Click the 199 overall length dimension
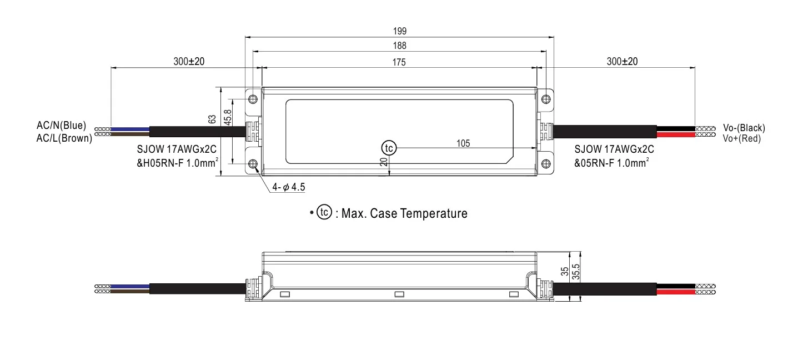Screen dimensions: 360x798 click(x=399, y=31)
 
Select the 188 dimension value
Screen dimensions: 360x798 click(x=399, y=46)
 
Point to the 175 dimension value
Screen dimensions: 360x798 click(x=399, y=62)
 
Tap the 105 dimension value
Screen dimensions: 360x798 click(x=463, y=143)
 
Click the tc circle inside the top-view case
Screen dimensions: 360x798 click(x=389, y=148)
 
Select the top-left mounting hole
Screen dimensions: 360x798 click(x=253, y=99)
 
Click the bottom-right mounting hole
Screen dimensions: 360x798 click(x=545, y=164)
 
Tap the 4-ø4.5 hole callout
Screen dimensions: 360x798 click(x=288, y=187)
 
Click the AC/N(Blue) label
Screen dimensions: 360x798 click(x=61, y=127)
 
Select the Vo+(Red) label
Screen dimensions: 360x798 click(x=741, y=138)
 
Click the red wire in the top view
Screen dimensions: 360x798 click(x=675, y=134)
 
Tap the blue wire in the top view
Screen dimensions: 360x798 click(x=130, y=129)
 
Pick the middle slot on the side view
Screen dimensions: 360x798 click(x=398, y=294)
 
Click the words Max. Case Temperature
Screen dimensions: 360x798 click(x=404, y=213)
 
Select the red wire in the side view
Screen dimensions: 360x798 click(x=675, y=291)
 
